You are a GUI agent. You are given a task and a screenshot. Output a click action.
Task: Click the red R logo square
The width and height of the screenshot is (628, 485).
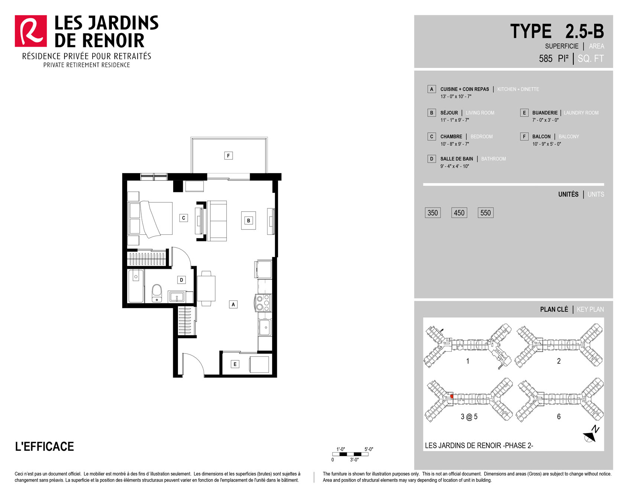(x=31, y=31)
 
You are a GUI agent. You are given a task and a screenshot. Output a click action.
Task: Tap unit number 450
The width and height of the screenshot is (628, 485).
(x=459, y=213)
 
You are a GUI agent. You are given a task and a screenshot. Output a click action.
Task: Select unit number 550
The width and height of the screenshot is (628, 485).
(x=486, y=213)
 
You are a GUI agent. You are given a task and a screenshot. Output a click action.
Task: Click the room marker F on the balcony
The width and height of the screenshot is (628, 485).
(x=229, y=156)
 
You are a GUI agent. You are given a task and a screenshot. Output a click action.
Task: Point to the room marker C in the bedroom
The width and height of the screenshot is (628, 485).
(x=184, y=218)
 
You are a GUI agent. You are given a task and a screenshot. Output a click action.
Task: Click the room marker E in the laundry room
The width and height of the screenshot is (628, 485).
(x=235, y=364)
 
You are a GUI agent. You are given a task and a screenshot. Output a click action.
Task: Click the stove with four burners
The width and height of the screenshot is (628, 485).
(x=263, y=303)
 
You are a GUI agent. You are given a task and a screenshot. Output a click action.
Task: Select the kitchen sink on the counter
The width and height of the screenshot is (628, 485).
(x=265, y=327)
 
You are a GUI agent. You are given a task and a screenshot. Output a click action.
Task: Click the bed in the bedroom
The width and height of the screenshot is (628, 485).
(x=150, y=219)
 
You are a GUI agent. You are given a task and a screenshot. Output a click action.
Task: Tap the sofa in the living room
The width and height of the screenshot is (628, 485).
(x=217, y=221)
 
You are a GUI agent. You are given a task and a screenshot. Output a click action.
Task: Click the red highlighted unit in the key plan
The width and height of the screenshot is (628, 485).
(x=452, y=397)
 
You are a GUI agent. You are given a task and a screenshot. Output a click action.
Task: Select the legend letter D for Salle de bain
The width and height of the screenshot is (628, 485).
(x=431, y=159)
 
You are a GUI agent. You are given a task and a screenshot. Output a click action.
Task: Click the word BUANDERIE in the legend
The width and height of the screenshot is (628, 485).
(x=545, y=113)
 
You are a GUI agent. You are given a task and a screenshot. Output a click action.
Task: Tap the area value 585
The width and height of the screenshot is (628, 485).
(x=546, y=59)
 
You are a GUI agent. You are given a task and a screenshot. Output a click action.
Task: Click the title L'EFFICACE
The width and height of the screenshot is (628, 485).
(x=45, y=446)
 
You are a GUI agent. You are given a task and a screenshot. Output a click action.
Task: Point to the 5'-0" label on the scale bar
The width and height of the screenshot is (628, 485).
(x=369, y=449)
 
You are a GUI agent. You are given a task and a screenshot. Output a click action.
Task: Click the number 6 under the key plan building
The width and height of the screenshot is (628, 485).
(x=559, y=417)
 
